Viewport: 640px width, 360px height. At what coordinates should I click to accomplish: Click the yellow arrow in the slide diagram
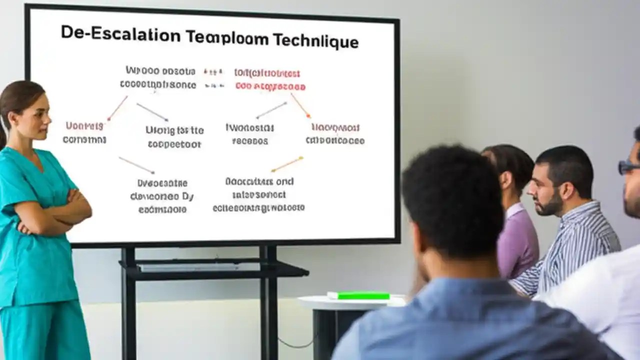[287, 164]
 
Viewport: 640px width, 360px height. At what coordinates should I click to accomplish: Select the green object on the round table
[358, 295]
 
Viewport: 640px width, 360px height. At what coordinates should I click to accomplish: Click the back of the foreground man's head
[450, 200]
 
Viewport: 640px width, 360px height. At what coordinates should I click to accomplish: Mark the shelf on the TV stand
[215, 270]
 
